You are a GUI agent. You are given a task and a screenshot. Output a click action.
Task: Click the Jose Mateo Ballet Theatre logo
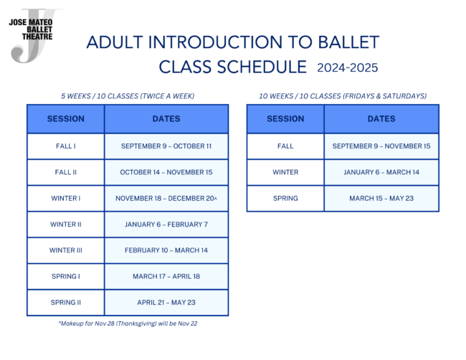pos(33,34)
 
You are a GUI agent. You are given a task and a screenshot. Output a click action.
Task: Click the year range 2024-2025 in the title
pos(347,67)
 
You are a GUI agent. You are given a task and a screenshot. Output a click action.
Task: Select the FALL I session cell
pos(66,146)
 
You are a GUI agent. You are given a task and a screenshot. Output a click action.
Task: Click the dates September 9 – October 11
pos(166,146)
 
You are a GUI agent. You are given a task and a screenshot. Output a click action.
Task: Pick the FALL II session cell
pos(66,172)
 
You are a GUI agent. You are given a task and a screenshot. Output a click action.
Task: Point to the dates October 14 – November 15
pos(166,172)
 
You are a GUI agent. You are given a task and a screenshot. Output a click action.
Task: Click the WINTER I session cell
pos(66,198)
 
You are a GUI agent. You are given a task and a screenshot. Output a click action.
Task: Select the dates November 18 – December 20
pos(166,198)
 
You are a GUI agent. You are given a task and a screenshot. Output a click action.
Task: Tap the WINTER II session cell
pos(66,224)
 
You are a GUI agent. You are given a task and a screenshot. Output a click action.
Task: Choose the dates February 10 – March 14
pos(166,250)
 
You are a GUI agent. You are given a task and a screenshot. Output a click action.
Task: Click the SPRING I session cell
pos(66,276)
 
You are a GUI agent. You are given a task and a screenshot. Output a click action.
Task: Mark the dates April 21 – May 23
pos(166,303)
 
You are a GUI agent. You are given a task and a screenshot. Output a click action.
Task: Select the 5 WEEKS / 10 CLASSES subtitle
pos(128,95)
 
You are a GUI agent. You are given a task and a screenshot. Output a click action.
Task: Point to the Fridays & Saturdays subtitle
pos(343,95)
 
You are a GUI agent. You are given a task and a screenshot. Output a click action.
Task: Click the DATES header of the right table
pos(381,119)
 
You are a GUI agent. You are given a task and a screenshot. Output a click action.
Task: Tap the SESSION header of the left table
pos(66,119)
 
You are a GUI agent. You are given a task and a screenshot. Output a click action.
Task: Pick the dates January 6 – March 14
pos(381,172)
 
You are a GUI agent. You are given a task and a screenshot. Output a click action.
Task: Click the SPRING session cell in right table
pos(285,198)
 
